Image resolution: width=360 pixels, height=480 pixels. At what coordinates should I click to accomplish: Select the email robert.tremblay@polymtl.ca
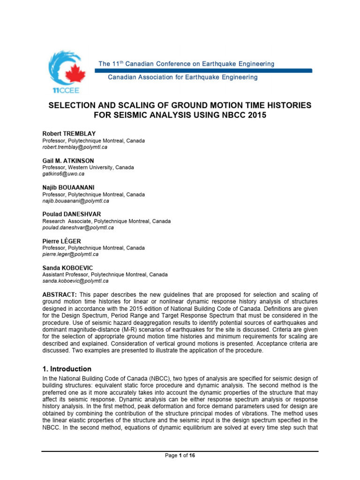point(75,147)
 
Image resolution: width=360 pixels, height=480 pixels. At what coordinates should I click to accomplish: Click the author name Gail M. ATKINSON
point(68,160)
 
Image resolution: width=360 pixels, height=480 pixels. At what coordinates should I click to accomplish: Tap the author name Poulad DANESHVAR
point(71,214)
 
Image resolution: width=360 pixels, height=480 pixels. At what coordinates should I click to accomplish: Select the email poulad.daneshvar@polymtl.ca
point(78,227)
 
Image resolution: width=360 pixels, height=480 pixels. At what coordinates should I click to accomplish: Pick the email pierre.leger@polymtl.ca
point(70,254)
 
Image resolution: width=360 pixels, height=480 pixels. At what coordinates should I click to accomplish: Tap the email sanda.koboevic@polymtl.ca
point(75,281)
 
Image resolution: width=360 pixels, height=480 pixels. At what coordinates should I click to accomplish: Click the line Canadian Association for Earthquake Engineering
point(183,77)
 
